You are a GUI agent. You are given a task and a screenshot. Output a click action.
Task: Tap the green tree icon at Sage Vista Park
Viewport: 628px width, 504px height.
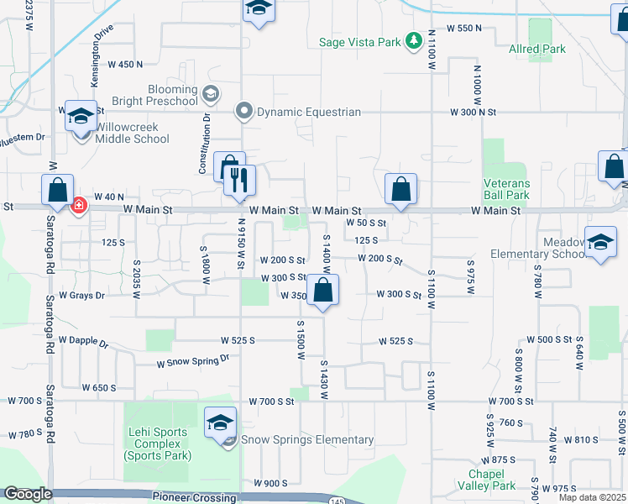(413, 40)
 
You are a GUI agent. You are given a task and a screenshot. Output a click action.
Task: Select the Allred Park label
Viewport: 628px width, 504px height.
(537, 49)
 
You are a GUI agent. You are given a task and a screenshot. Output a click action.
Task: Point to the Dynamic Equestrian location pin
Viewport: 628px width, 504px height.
(244, 111)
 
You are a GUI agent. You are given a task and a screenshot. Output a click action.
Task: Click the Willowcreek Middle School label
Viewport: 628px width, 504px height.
(132, 133)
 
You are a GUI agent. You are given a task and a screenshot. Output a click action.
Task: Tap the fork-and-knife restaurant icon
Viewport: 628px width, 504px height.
(239, 179)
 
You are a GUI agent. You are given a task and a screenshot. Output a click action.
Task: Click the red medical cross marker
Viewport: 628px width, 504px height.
(79, 206)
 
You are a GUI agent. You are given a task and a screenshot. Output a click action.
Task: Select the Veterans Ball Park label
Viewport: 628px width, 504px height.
(506, 189)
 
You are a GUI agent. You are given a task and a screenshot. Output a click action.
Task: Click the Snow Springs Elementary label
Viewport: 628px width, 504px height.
(307, 439)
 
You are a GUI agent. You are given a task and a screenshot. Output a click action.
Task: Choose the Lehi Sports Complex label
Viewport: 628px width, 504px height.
(158, 444)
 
